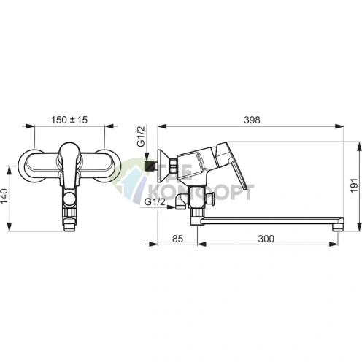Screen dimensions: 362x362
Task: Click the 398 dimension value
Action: [252, 120]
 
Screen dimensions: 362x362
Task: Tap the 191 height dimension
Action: [354, 185]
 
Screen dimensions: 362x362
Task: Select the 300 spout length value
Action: [266, 239]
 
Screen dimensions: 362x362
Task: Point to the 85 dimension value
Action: [177, 239]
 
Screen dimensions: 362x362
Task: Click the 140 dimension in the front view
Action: [4, 196]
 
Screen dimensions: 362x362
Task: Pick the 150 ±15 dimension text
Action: [69, 120]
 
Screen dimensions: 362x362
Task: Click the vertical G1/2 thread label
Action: [141, 136]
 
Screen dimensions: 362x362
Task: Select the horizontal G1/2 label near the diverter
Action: [155, 201]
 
